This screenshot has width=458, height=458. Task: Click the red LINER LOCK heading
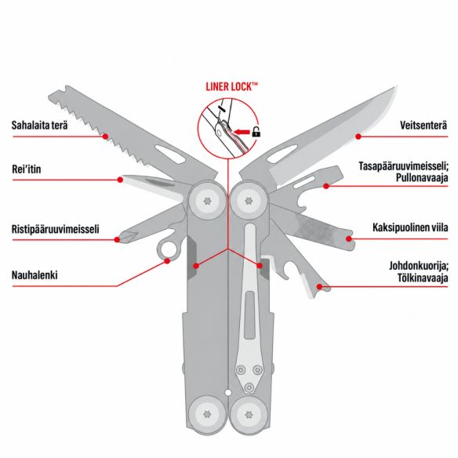pos(232,87)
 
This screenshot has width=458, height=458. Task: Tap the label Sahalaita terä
pos(39,125)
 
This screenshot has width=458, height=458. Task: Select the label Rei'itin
pos(27,169)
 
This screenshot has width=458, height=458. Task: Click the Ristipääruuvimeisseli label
pos(55,229)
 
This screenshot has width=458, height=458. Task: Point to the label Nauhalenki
pos(35,274)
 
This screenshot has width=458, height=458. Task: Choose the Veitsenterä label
pos(423,125)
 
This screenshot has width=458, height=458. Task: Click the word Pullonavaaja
pos(422,177)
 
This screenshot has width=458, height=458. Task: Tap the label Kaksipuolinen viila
pos(410,227)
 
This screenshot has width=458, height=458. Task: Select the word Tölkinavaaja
pos(423,278)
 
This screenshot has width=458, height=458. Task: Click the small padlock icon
pos(256,132)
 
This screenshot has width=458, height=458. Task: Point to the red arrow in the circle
pos(242,133)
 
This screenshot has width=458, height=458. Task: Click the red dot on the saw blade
pos(105,136)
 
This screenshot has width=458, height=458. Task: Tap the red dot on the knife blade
pos(358,136)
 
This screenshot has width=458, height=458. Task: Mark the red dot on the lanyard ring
pos(167,261)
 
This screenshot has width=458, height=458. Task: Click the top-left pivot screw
pos(207,201)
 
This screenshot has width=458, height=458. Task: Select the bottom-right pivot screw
pos(249,414)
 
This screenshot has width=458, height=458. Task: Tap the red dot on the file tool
pos(349,238)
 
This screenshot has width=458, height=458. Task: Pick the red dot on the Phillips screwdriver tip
pos(117,239)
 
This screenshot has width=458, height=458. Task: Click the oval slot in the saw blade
pos(170,154)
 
